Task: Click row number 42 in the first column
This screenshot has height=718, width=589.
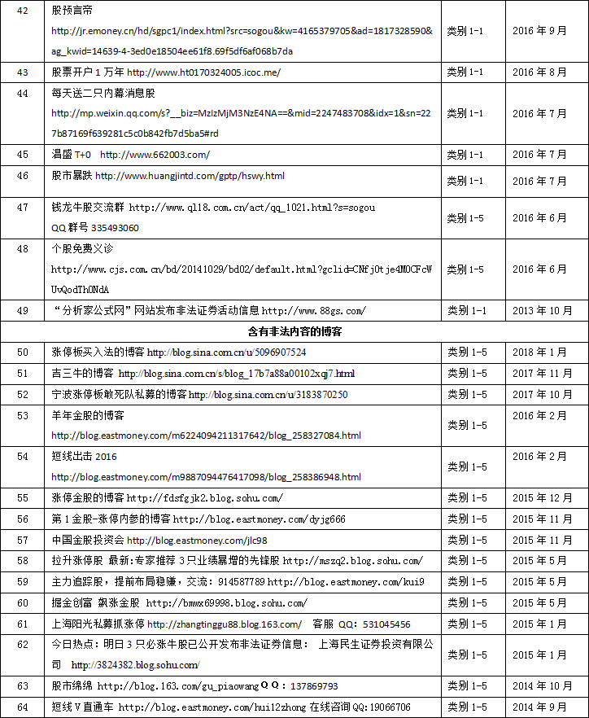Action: [x=22, y=10]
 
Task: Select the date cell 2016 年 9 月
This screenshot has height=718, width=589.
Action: [x=540, y=31]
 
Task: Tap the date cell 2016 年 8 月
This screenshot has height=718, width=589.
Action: [x=540, y=72]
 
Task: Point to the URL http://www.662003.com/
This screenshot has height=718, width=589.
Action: [x=155, y=155]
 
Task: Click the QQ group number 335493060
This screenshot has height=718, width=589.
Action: [x=107, y=228]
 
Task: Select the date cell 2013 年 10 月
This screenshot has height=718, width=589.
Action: [x=543, y=310]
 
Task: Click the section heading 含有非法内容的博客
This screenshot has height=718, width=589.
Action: [x=294, y=331]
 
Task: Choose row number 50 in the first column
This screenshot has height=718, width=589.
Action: [x=22, y=352]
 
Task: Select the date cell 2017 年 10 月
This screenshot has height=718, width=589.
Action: [x=543, y=395]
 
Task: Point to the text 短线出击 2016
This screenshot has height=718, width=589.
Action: [x=84, y=457]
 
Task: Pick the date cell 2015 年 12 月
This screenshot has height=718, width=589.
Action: [x=543, y=497]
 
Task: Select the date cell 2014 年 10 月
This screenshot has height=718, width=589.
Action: [x=543, y=686]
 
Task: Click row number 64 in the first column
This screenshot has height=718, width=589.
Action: [x=22, y=707]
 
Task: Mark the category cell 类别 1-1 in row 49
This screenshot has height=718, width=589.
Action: [x=465, y=310]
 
